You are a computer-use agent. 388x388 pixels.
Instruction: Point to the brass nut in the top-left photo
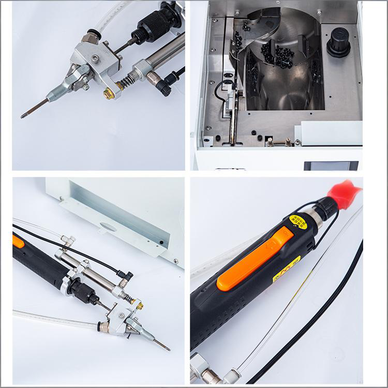(x=109, y=94)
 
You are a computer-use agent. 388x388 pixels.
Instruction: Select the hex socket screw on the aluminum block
(x=95, y=59)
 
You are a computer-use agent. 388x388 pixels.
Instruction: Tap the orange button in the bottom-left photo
(x=18, y=241)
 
